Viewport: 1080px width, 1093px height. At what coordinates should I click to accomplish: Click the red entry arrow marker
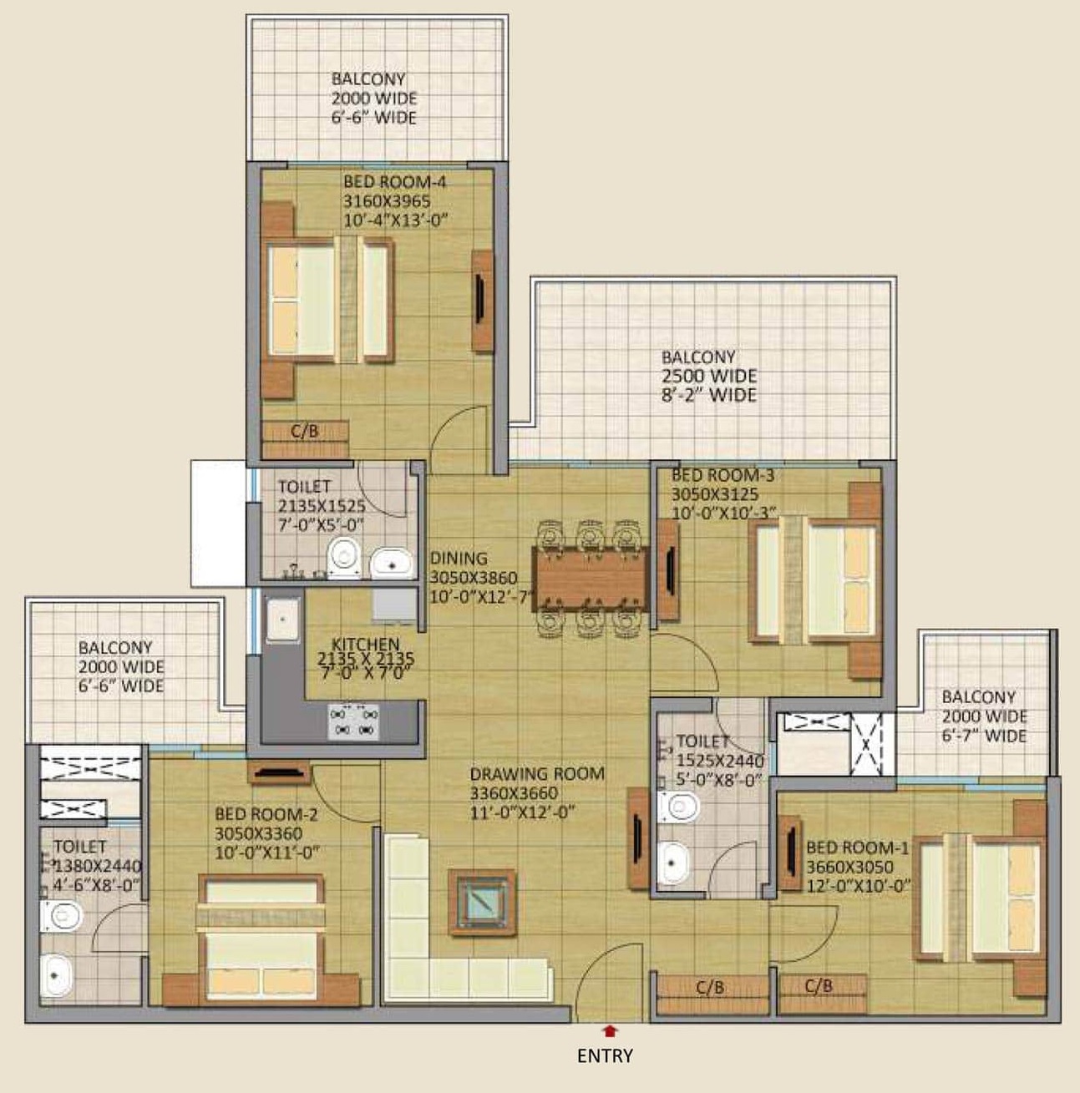(x=610, y=1030)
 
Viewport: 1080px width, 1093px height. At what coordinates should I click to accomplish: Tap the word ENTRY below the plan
(x=605, y=1055)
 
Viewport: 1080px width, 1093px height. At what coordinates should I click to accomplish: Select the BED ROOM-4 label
(x=394, y=182)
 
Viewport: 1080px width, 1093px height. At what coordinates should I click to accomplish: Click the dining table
(x=591, y=579)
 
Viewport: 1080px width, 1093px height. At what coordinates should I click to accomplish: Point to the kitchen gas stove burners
(x=354, y=721)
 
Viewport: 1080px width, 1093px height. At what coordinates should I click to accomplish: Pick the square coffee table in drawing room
(x=482, y=902)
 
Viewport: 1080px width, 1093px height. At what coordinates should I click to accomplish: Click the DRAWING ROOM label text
(x=537, y=774)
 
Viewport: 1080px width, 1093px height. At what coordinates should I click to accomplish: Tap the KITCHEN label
(x=366, y=644)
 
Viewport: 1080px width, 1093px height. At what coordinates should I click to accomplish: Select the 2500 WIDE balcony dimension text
(x=709, y=376)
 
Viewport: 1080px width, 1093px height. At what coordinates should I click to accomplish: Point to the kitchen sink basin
(x=282, y=620)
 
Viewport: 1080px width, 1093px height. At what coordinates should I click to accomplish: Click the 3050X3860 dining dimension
(x=474, y=578)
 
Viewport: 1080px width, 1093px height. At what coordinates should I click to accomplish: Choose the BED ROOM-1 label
(x=857, y=848)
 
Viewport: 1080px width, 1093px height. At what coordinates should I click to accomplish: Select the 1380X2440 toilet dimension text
(x=98, y=866)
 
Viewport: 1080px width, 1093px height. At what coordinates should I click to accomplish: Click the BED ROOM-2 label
(x=266, y=814)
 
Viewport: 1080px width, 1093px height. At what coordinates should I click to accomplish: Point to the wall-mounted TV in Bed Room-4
(x=479, y=301)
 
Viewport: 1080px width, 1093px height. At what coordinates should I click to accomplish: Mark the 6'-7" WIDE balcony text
(x=984, y=736)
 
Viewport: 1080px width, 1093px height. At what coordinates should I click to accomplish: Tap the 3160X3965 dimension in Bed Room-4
(x=387, y=201)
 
